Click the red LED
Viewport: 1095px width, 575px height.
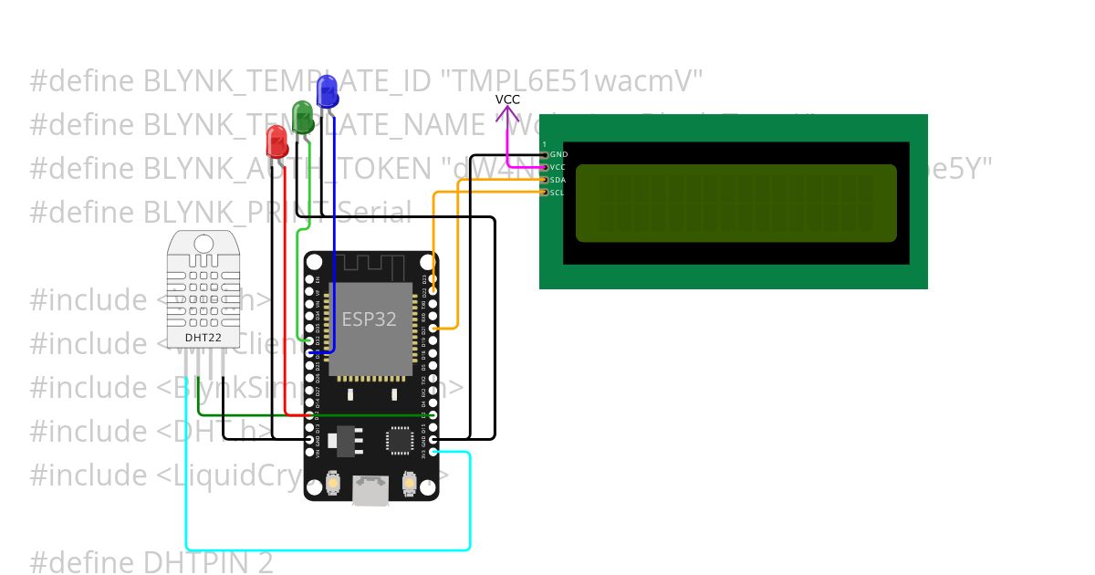(276, 141)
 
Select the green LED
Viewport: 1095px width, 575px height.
(303, 116)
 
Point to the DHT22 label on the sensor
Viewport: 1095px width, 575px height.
(203, 339)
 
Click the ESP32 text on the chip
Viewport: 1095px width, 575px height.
(369, 319)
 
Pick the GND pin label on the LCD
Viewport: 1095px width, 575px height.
(558, 155)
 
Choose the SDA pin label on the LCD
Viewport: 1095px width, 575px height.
(558, 180)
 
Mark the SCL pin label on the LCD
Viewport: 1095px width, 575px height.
(558, 193)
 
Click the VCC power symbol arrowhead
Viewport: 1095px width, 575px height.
(507, 113)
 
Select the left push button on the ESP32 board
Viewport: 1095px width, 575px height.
(332, 481)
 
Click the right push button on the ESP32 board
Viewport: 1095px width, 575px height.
(410, 481)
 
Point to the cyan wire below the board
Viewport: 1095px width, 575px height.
(328, 549)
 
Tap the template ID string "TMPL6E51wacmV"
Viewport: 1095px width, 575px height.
(572, 81)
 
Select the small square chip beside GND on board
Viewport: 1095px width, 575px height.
(401, 440)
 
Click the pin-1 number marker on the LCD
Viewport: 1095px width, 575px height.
(544, 145)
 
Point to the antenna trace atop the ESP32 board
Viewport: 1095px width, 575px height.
(370, 267)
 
